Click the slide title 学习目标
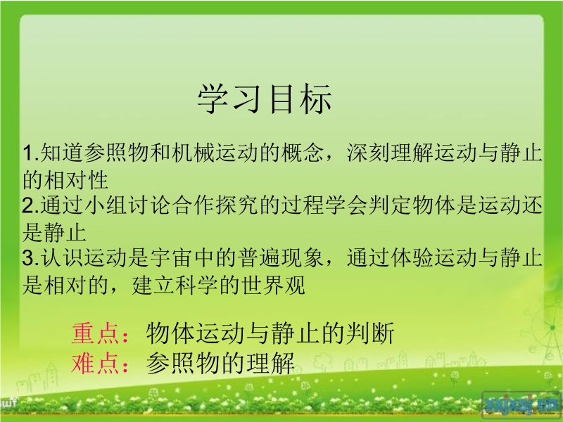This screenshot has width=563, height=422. click(264, 98)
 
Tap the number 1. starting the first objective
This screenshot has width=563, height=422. click(31, 153)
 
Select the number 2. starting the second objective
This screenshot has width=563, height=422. click(31, 205)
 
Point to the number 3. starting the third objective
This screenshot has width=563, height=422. click(31, 257)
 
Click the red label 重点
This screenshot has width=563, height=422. click(95, 333)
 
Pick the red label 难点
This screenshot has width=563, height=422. click(95, 363)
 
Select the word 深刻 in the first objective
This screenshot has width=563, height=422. click(368, 153)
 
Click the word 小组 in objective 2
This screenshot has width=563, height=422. click(106, 205)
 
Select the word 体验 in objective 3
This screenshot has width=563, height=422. click(412, 257)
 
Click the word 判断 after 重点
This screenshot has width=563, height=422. click(370, 333)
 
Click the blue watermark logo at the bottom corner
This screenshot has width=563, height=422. click(520, 404)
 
